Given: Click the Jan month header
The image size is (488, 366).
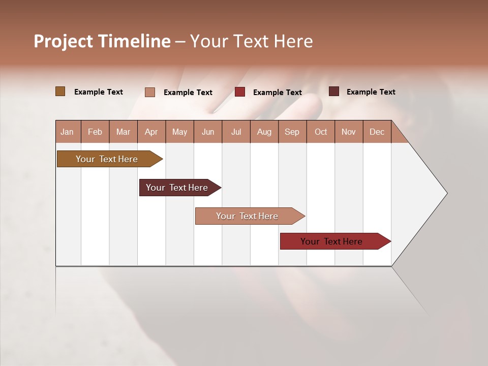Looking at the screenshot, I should click(67, 132).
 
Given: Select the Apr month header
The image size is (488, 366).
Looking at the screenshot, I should click(151, 132).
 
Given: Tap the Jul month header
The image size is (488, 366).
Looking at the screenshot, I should click(236, 132).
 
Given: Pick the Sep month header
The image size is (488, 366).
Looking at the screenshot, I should click(292, 132).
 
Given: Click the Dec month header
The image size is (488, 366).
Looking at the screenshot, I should click(377, 132).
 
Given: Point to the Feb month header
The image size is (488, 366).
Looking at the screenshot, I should click(95, 132).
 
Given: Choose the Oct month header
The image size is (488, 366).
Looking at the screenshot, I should click(321, 132).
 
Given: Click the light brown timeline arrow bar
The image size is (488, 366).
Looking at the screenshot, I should click(107, 159).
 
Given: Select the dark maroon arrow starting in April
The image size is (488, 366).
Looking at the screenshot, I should click(177, 188).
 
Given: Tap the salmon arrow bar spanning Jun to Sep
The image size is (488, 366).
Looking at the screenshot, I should click(247, 216).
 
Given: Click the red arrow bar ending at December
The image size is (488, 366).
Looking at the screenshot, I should click(331, 241).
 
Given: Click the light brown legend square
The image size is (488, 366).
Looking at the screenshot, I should click(60, 91).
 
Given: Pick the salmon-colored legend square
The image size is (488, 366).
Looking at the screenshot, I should click(150, 92).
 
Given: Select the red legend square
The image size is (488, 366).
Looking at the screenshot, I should click(240, 92).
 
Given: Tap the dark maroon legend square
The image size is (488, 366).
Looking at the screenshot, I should click(333, 91).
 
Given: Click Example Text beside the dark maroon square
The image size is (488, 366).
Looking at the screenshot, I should click(371, 92).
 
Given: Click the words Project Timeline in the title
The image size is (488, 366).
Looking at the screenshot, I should click(102, 41).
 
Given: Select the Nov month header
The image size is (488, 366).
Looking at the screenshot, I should click(349, 132).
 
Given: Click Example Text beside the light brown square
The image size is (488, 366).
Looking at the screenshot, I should click(98, 92).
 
